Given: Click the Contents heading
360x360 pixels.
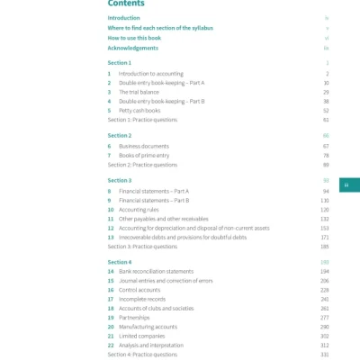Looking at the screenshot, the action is coord(126,4).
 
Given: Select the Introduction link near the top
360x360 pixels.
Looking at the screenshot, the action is coord(123,18).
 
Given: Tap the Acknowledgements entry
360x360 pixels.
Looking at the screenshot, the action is coord(132,47).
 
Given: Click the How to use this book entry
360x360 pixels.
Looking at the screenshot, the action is coord(135,38).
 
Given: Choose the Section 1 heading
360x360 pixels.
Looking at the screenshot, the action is coord(119,63).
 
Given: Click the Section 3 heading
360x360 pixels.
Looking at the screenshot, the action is coord(119,180).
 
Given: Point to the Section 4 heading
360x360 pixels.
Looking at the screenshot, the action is coord(119,261).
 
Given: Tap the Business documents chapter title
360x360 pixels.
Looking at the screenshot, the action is coord(144,146).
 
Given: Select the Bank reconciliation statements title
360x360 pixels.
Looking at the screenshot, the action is coord(156,271).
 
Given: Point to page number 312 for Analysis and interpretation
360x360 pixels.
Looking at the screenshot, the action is coord(325,345).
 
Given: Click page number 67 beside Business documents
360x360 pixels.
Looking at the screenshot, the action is coord(326,146).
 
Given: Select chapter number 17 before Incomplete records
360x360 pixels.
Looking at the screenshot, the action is coord(110,299).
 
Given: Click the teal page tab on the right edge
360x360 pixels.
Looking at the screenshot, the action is coord(346,185).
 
